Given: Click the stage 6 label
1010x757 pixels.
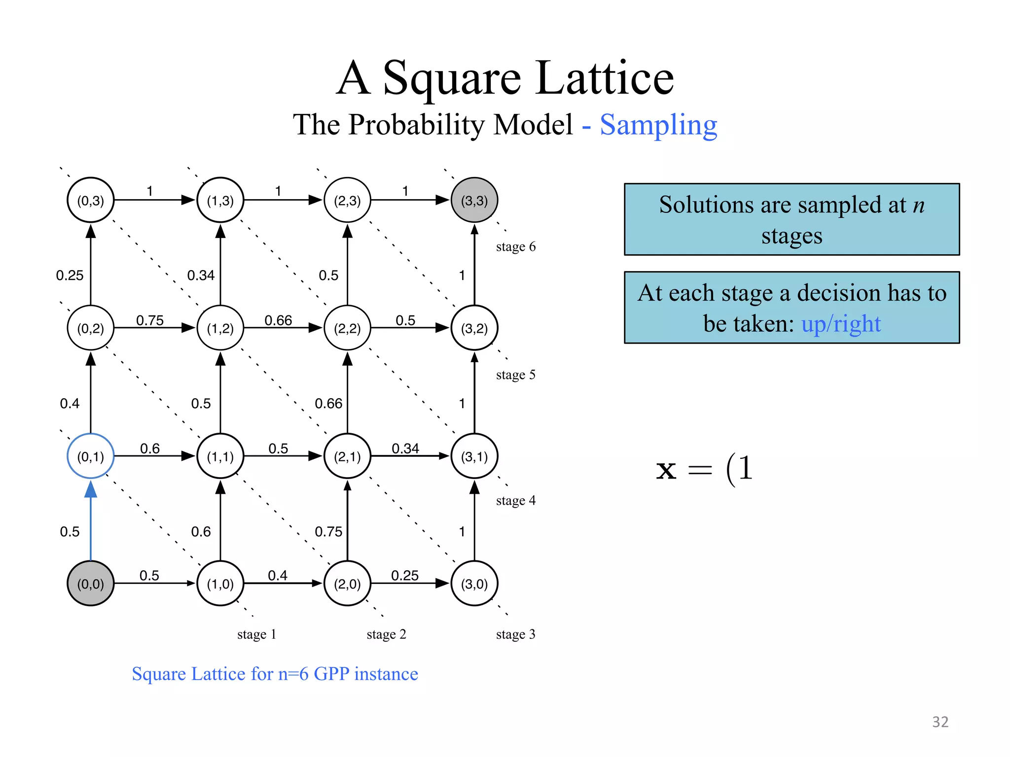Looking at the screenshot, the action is coord(515,246).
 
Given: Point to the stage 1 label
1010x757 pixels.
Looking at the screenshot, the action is coord(256,634).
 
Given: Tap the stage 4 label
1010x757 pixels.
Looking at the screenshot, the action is coord(515,501).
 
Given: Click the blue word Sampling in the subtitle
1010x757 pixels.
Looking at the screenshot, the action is coord(658,125).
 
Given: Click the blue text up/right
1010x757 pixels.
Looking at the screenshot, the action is coord(841,324).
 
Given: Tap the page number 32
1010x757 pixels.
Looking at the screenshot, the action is coord(940,722).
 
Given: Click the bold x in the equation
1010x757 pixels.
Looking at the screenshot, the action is coord(666,469).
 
